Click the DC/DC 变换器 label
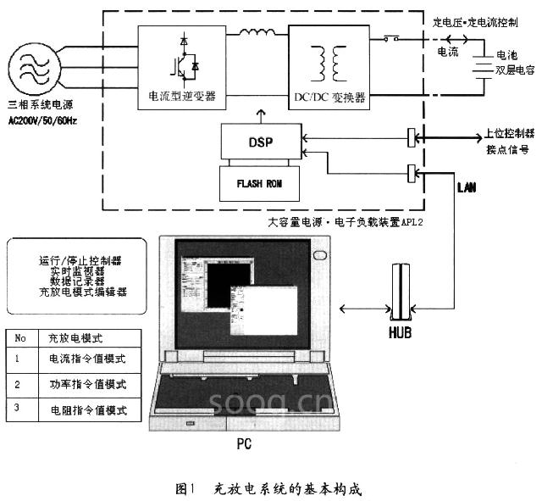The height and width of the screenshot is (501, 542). pos(329,97)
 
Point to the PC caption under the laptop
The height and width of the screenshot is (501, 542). pos(243,443)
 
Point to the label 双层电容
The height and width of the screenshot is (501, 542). pos(516,87)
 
